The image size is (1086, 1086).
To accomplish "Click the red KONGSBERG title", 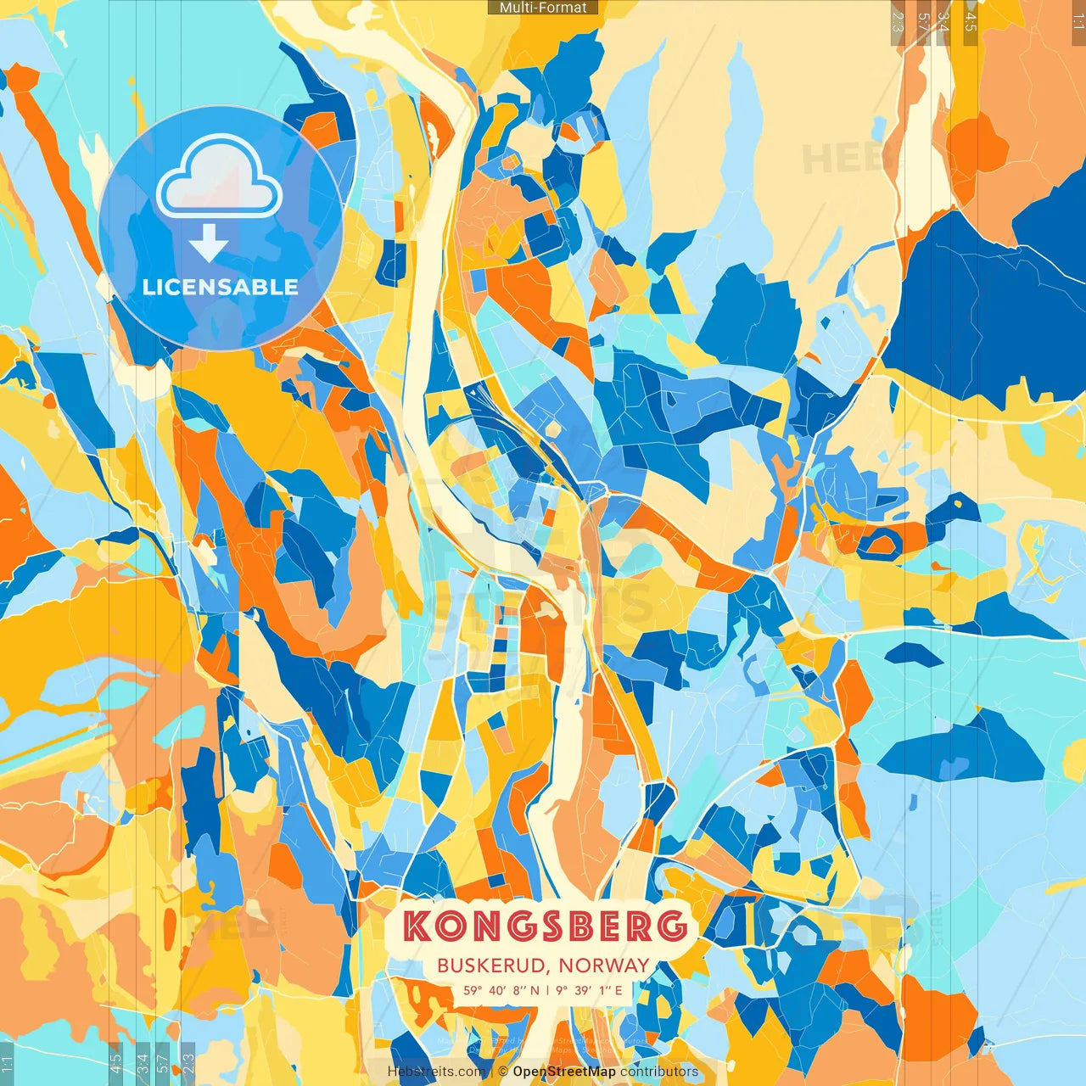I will pos(544,926).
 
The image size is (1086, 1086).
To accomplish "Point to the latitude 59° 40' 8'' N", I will pos(501,990).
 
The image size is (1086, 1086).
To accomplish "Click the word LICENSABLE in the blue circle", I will pos(221,287).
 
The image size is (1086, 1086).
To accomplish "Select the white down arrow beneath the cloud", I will pos(209,244).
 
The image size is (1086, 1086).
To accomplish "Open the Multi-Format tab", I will pos(543,8).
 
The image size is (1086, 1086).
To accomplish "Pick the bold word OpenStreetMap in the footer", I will pos(564,1072).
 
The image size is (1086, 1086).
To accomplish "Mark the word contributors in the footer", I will pos(659,1072).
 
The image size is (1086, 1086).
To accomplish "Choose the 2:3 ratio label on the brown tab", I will pos(898,22).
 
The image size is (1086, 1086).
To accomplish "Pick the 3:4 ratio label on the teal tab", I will pos(143,1061).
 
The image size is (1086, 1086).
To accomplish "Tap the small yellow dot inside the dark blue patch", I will pos(959,504).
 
